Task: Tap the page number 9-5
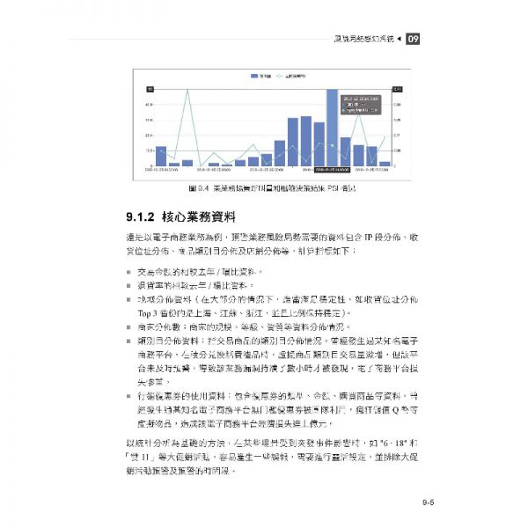point(429,503)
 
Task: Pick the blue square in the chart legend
point(254,77)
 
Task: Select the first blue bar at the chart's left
point(161,156)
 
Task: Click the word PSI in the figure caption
point(323,187)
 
